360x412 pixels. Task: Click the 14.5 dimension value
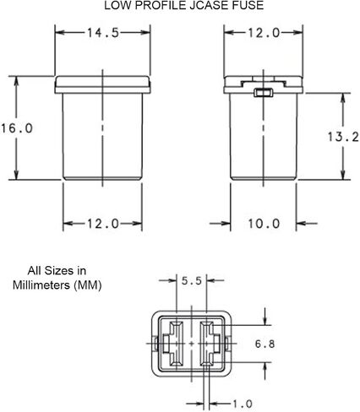[x=103, y=33]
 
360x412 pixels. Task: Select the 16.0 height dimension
[x=17, y=128]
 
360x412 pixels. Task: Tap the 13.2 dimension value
[x=343, y=137]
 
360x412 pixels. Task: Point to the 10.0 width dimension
[x=264, y=224]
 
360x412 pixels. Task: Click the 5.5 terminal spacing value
[x=192, y=280]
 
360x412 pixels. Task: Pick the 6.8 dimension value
[x=265, y=344]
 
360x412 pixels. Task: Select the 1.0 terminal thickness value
[x=243, y=404]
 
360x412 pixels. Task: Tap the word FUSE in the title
[x=248, y=5]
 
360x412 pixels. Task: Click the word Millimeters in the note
[x=41, y=285]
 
